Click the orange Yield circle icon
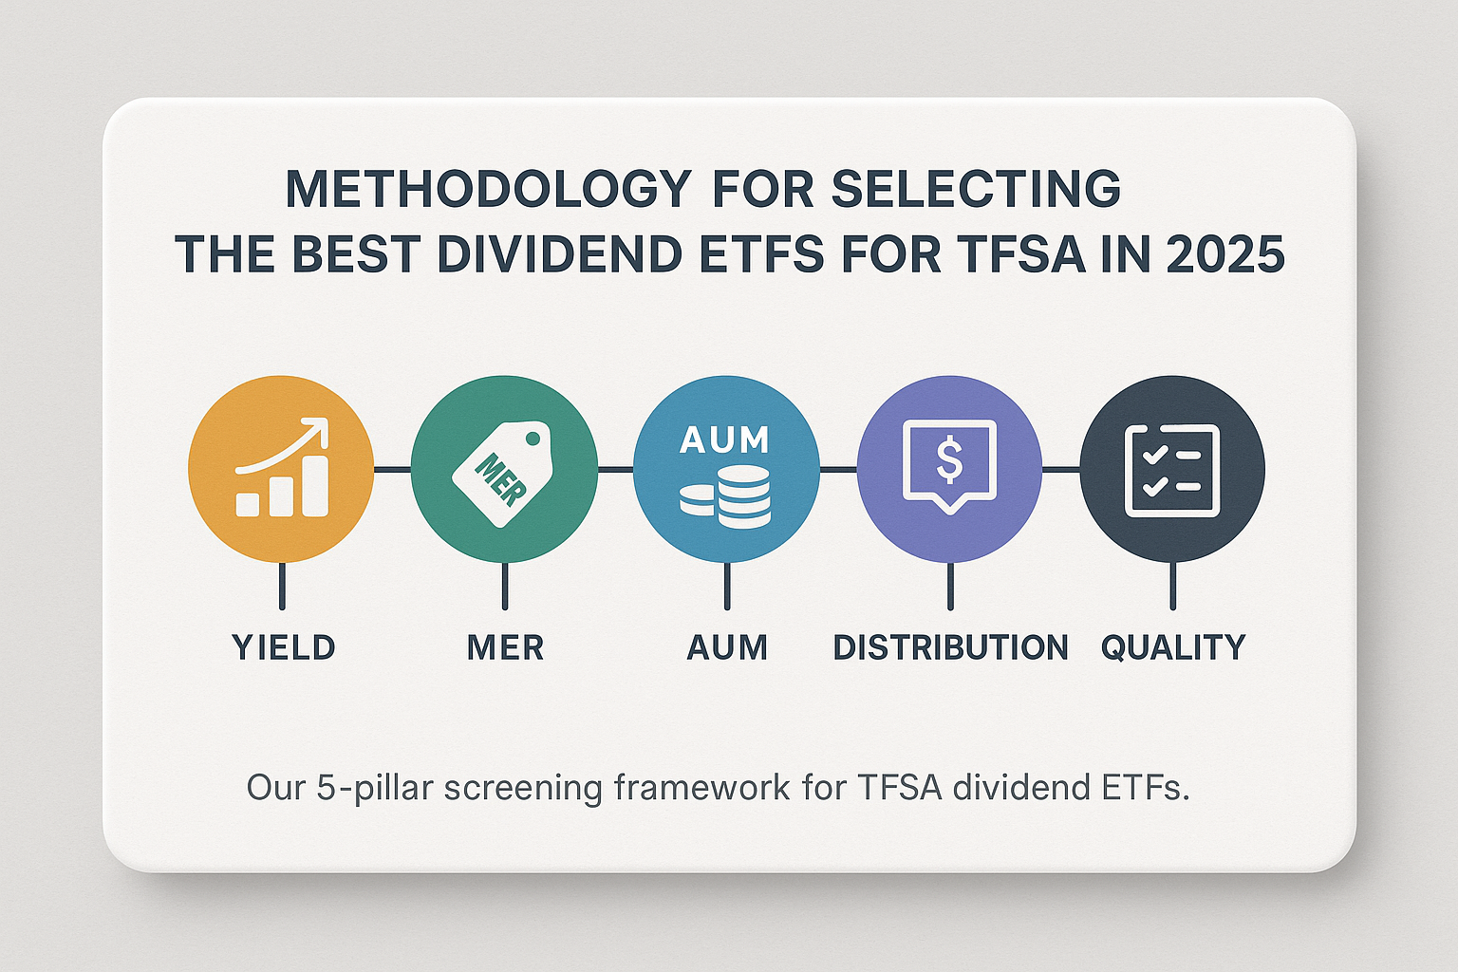pos(281,469)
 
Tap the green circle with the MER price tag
pos(504,469)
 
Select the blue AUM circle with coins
pos(726,469)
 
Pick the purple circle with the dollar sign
pos(949,469)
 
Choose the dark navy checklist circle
pos(1172,469)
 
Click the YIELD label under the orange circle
pos(284,647)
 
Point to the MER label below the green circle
pos(505,647)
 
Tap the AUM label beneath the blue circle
pos(727,647)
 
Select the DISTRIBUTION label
pos(950,647)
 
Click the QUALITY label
pos(1173,648)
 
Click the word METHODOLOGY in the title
pos(488,190)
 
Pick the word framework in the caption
pos(701,787)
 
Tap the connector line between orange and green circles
pos(392,469)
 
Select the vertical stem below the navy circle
pos(1173,586)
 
